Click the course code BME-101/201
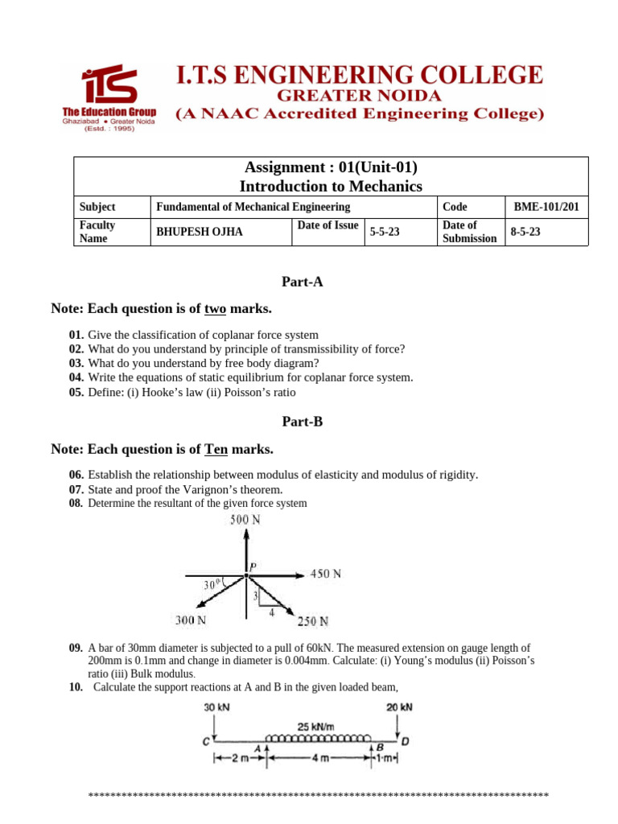[x=546, y=207]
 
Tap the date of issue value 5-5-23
[x=385, y=233]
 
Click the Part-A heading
[x=302, y=282]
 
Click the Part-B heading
[x=302, y=421]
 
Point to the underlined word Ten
[x=218, y=448]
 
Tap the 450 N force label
[x=325, y=574]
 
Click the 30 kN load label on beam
[x=216, y=707]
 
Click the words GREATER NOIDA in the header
[x=359, y=95]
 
